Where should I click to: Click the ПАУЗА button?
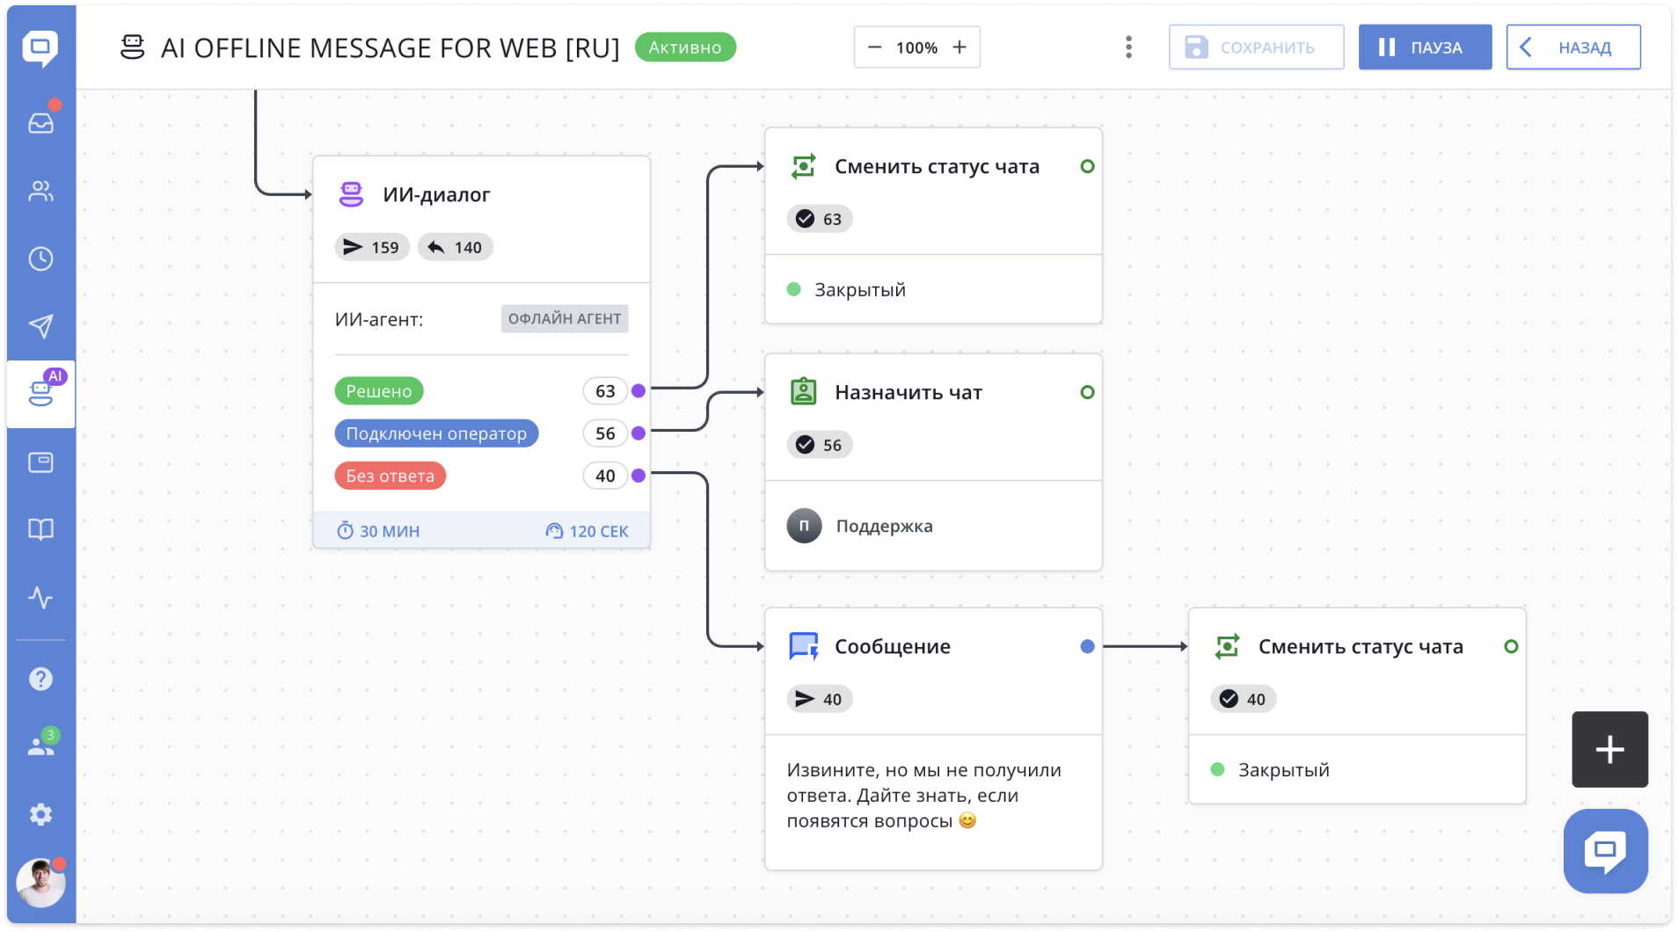pos(1425,47)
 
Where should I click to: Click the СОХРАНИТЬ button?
pos(1256,47)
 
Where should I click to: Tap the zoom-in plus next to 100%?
pos(959,47)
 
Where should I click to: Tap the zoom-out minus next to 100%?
pos(874,47)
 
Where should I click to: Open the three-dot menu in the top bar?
pos(1128,47)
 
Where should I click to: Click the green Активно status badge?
pos(685,47)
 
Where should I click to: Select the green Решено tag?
pos(379,391)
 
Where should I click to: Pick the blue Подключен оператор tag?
pos(436,433)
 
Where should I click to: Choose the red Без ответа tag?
pos(390,476)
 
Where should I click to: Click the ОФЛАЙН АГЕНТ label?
pos(565,319)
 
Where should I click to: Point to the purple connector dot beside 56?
pos(638,433)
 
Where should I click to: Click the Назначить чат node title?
pos(908,392)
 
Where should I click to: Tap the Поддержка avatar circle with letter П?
pos(804,526)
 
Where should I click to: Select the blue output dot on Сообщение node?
pos(1087,646)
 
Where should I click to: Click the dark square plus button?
pos(1609,749)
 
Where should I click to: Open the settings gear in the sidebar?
pos(40,814)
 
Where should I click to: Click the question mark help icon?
pos(40,679)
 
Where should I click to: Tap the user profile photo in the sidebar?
pos(40,883)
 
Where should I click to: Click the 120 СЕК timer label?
pos(587,531)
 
